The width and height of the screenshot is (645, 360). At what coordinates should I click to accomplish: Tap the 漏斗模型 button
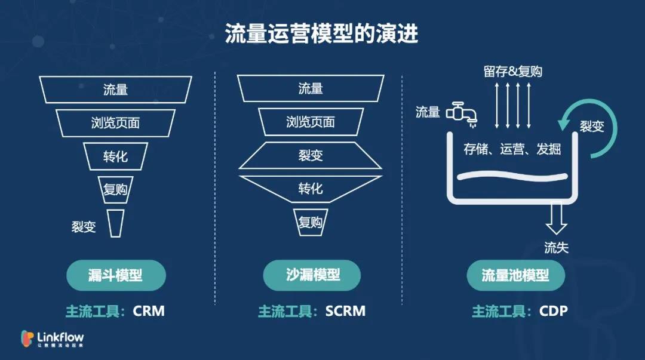pos(115,275)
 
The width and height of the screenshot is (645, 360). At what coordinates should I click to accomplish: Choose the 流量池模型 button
pos(515,275)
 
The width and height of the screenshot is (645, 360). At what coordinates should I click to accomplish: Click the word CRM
pos(149,311)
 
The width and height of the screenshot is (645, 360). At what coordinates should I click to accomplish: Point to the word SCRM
pos(345,311)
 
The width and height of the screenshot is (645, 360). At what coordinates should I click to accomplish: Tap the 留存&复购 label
pos(512,72)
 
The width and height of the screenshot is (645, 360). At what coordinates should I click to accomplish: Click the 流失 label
pos(556,247)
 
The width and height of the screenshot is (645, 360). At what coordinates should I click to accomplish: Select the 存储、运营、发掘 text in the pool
pos(512,149)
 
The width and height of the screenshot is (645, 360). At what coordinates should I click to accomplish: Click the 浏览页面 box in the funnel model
pos(115,123)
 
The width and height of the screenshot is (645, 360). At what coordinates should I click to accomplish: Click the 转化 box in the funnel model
pos(115,156)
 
